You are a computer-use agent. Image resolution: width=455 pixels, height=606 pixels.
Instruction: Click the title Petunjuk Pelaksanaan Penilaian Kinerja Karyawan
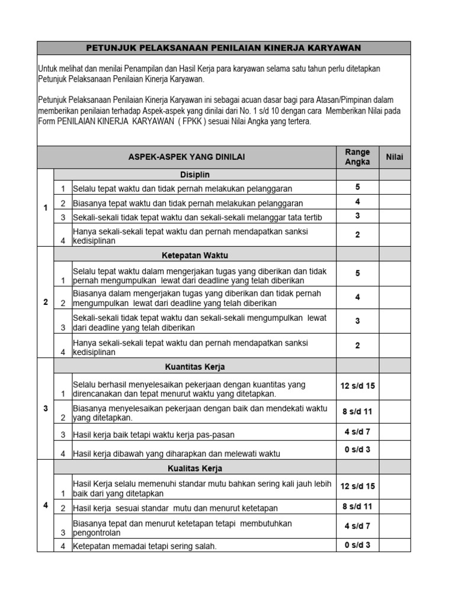tap(223, 48)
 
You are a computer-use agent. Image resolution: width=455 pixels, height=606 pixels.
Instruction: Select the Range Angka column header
tap(357, 157)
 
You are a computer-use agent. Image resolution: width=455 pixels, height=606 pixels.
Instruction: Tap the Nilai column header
tap(394, 157)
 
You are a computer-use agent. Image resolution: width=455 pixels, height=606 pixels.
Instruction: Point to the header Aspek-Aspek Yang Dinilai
tap(187, 157)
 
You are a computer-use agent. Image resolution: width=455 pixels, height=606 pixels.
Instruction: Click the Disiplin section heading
tap(195, 175)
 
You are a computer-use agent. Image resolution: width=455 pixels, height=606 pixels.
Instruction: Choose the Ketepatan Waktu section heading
tap(195, 255)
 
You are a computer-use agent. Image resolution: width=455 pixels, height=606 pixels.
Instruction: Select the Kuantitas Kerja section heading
tap(195, 366)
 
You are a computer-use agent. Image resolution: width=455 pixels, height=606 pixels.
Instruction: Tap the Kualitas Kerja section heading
tap(195, 468)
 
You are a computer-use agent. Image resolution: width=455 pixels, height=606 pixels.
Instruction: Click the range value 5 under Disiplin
tap(357, 187)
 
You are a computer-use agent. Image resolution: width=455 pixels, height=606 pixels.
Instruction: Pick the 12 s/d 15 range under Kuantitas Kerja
tap(357, 386)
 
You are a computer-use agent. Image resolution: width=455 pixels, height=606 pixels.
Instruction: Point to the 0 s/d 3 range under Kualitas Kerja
tap(357, 545)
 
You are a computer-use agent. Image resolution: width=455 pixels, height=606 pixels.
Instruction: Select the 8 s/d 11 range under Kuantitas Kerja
tap(357, 411)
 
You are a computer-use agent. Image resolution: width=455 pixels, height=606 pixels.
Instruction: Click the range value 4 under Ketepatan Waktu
tap(357, 297)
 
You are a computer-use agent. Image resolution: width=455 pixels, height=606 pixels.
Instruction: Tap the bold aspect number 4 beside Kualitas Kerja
tap(46, 505)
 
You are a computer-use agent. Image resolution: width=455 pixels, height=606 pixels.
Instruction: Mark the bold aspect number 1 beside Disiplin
tap(46, 208)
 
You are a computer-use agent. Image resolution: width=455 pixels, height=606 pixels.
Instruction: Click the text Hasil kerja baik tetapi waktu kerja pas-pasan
tap(153, 435)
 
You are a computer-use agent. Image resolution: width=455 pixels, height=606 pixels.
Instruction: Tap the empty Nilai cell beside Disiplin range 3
tap(394, 217)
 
